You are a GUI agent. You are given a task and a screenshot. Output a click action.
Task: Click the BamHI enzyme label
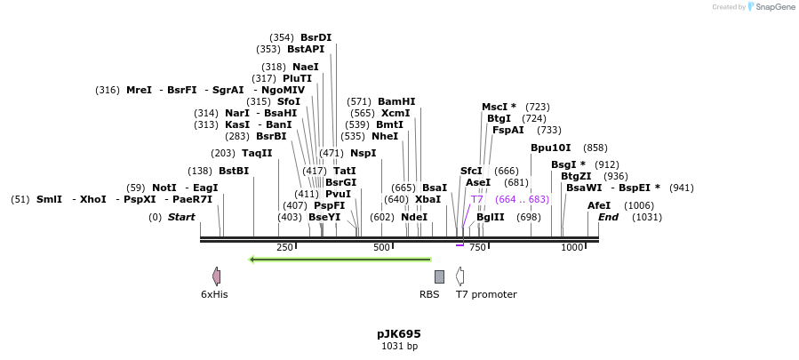click(x=396, y=102)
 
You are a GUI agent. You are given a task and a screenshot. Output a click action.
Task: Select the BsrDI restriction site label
click(x=316, y=37)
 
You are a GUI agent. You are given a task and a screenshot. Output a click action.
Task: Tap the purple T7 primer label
click(x=477, y=199)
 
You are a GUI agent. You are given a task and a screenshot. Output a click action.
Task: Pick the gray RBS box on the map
click(x=439, y=276)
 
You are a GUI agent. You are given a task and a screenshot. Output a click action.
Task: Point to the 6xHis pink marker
click(x=216, y=276)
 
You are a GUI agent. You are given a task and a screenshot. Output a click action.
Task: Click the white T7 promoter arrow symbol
click(x=459, y=276)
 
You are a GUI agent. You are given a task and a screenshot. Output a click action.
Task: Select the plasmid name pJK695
click(x=399, y=334)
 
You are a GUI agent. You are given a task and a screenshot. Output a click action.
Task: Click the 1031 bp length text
click(x=399, y=347)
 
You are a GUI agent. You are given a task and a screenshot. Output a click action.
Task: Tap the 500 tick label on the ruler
click(x=381, y=247)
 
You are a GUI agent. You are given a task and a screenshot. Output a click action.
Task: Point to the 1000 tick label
click(x=571, y=247)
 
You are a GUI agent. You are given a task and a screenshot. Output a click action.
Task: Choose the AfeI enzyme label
click(x=599, y=205)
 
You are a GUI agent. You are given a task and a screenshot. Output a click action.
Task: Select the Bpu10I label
click(x=551, y=148)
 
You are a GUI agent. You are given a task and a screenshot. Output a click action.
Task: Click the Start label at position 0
click(x=181, y=217)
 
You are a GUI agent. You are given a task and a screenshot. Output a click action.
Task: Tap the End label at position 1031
click(x=608, y=217)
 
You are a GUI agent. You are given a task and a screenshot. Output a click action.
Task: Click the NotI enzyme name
click(x=164, y=188)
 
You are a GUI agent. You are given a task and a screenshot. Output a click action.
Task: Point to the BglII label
click(x=490, y=217)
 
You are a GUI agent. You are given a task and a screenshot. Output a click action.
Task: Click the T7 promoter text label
click(x=486, y=294)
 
